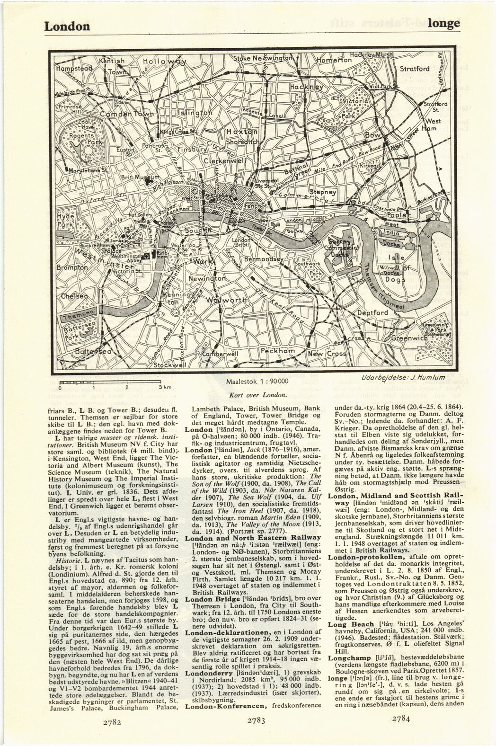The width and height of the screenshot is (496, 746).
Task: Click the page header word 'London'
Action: (x=67, y=26)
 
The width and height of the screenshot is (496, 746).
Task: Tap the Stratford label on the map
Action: (x=415, y=69)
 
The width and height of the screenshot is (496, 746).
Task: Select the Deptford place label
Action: (x=372, y=313)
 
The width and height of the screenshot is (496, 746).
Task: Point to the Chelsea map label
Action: (x=73, y=296)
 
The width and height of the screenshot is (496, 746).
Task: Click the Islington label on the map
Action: (x=195, y=114)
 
